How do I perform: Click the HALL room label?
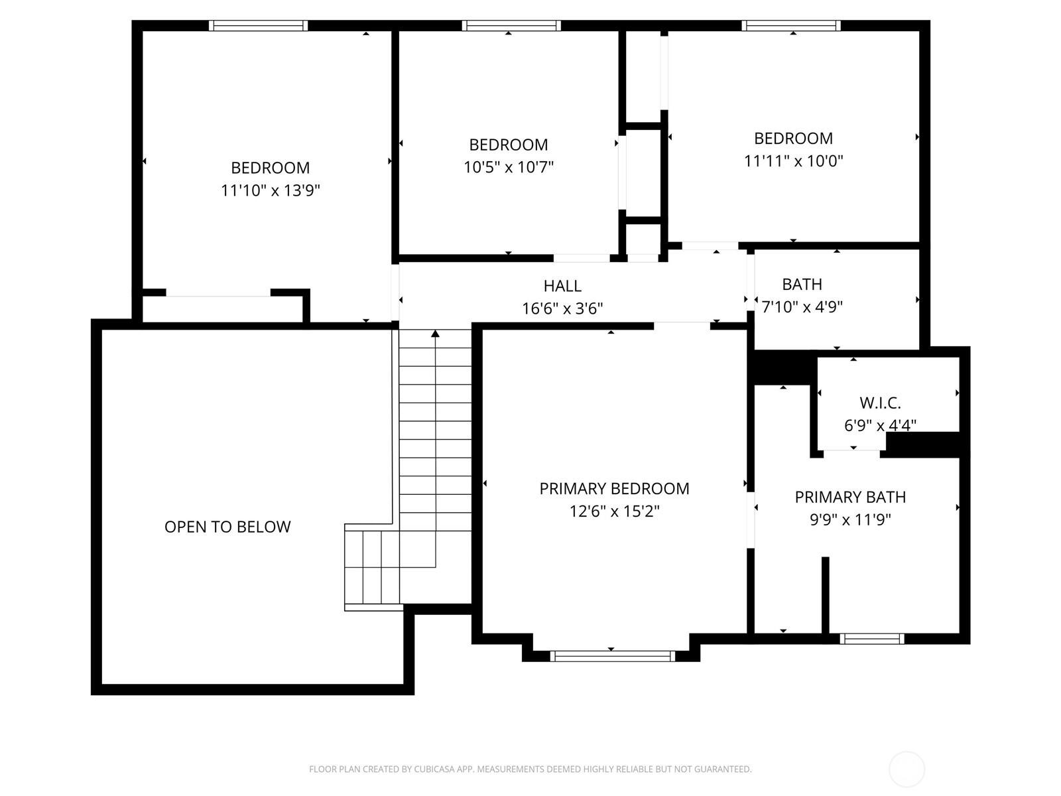click(x=562, y=286)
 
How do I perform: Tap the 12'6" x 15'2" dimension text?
click(x=614, y=511)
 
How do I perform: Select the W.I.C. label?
click(x=880, y=403)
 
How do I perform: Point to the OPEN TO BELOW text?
click(x=227, y=527)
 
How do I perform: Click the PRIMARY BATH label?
click(x=850, y=497)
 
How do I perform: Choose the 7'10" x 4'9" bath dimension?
click(x=802, y=307)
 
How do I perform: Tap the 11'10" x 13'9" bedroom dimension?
click(x=271, y=191)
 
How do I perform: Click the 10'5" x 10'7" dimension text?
click(x=508, y=167)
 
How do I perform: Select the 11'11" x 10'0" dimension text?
click(x=793, y=161)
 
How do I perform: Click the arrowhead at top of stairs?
click(x=435, y=334)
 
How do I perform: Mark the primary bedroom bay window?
click(x=612, y=656)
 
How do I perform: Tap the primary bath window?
click(x=871, y=639)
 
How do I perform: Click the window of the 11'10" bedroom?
click(x=258, y=26)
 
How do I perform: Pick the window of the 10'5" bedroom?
click(x=511, y=26)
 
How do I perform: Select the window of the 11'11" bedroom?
click(x=791, y=26)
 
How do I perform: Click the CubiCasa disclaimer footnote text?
click(x=530, y=769)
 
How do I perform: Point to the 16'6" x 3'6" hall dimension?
click(x=562, y=308)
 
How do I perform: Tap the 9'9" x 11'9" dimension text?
click(x=850, y=520)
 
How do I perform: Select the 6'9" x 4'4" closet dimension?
click(x=880, y=425)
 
